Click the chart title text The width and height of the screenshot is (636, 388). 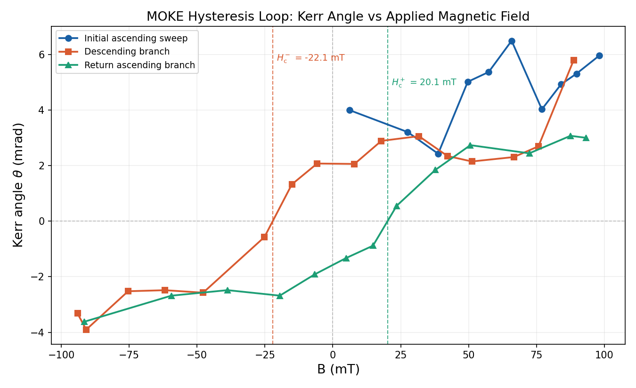click(338, 17)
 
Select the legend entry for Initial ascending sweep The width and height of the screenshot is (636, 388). click(136, 39)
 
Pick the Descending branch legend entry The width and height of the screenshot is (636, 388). click(127, 52)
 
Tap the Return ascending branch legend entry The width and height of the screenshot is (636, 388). click(139, 65)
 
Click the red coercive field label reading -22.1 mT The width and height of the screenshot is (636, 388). click(310, 58)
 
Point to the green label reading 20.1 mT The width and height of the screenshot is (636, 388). click(424, 82)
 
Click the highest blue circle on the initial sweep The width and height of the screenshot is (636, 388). click(512, 41)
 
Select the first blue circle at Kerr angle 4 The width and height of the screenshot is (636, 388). click(350, 110)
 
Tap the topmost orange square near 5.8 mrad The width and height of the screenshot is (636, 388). click(573, 60)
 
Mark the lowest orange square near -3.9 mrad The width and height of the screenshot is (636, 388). click(86, 330)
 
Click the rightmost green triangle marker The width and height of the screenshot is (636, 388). click(586, 138)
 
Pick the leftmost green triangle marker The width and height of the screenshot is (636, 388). click(84, 322)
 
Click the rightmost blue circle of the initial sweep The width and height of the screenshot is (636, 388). click(599, 55)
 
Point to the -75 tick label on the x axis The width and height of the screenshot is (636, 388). click(129, 356)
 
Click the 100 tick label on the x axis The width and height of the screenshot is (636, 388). click(604, 356)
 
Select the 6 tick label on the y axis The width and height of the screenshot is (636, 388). click(42, 55)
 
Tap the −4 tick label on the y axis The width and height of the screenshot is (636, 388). click(39, 333)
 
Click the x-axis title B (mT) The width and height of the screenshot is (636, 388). click(338, 370)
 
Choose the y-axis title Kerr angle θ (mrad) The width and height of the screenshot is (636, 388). click(18, 185)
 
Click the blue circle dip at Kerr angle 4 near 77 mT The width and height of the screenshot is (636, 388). click(542, 109)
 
